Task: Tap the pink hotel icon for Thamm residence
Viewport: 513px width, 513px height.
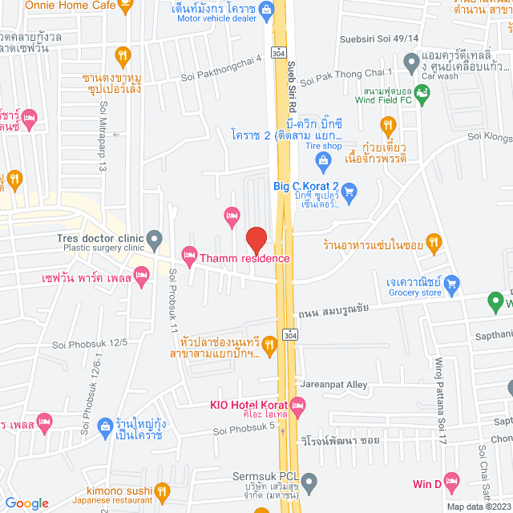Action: tap(189, 257)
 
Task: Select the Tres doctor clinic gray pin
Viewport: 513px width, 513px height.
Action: tap(154, 238)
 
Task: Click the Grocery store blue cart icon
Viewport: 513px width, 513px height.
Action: tap(451, 282)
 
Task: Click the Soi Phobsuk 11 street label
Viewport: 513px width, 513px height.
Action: tap(172, 300)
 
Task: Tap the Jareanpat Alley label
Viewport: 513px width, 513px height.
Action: tap(333, 385)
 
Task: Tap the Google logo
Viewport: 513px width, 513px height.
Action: tap(26, 503)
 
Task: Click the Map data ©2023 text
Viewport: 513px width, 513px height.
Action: tap(477, 506)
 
